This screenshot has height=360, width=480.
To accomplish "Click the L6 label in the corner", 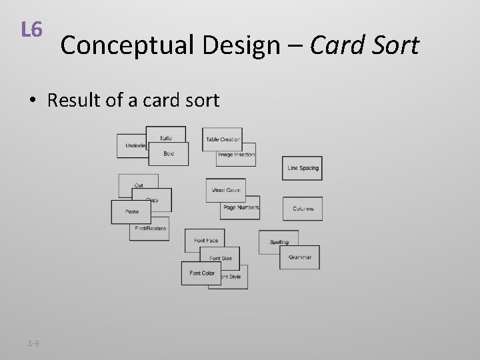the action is pos(31,30).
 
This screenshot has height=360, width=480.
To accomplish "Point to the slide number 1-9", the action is pos(33,343).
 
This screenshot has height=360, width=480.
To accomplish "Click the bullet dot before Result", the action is pos(32,101).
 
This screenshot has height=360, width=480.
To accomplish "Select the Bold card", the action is pos(168,154).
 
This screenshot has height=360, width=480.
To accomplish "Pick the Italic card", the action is pos(167,137).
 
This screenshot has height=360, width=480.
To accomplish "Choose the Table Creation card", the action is pos(223,138).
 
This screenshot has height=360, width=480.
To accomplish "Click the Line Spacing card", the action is pos(303,168).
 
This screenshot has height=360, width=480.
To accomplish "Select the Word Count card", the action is pos(226,190).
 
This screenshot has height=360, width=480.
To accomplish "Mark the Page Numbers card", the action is pos(241,208).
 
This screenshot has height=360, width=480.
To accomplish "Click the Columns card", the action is pos(303,209).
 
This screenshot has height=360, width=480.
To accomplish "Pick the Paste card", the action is pos(131,212).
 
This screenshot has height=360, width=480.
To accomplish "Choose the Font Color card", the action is pos(201,273).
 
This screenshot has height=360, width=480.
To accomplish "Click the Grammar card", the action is pos(300,257).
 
